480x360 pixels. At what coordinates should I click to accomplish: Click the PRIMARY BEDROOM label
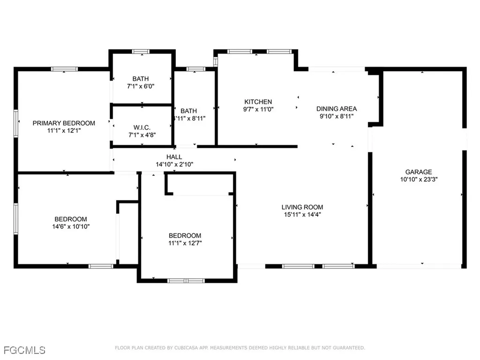click(64, 123)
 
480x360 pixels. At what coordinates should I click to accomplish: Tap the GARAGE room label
click(419, 172)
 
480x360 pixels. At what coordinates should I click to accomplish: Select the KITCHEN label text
click(258, 102)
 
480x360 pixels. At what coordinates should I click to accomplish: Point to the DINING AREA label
click(337, 109)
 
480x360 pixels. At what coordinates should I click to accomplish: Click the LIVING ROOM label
click(302, 207)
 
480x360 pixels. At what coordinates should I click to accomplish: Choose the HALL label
click(174, 157)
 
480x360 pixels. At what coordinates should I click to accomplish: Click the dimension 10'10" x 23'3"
click(419, 179)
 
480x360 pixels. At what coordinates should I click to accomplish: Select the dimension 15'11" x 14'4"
click(302, 215)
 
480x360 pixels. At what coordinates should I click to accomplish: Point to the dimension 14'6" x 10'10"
click(71, 226)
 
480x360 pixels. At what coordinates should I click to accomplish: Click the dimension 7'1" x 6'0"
click(140, 86)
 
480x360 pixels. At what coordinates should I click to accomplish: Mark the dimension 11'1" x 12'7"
click(185, 243)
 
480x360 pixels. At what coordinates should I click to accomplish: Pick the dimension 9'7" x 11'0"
click(258, 109)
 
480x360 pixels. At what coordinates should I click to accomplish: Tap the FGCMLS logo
click(24, 350)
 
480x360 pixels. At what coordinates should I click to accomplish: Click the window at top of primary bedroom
click(64, 69)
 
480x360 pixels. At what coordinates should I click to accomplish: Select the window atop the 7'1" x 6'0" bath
click(140, 52)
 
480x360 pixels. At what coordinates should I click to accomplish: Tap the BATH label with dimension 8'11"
click(188, 111)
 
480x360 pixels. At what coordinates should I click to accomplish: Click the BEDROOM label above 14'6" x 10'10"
click(71, 219)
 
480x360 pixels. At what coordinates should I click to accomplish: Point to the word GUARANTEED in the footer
click(348, 348)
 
